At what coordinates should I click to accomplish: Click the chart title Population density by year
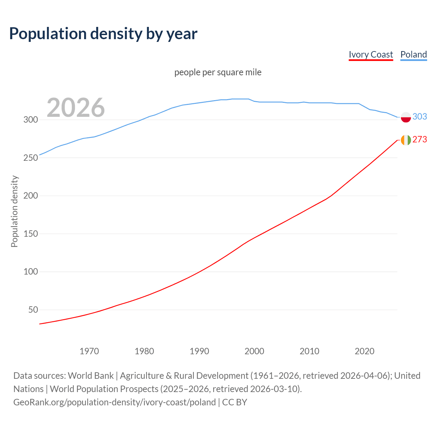[x=103, y=34]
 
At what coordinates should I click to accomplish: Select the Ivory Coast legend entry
[x=371, y=54]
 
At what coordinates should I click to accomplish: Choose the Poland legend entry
[x=414, y=54]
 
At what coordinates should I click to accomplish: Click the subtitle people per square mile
[x=218, y=72]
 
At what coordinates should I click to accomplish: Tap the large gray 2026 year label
[x=76, y=108]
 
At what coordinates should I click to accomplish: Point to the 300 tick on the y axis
[x=30, y=120]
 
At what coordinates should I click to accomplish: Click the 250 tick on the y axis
[x=30, y=158]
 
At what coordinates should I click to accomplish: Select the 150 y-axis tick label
[x=30, y=234]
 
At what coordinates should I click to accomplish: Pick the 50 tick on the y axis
[x=33, y=310]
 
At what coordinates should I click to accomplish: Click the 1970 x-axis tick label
[x=89, y=351]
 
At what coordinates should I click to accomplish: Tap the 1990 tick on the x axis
[x=199, y=351]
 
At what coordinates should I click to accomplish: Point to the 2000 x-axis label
[x=254, y=351]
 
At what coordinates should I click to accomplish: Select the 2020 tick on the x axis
[x=364, y=351]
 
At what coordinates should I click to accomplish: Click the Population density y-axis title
[x=14, y=211]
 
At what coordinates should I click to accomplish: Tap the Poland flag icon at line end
[x=406, y=117]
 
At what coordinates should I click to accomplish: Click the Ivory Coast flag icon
[x=406, y=140]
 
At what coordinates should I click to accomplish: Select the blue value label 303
[x=420, y=116]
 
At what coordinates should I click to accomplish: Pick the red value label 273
[x=420, y=140]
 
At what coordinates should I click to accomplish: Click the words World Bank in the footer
[x=91, y=376]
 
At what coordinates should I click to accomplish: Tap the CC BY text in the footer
[x=234, y=402]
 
